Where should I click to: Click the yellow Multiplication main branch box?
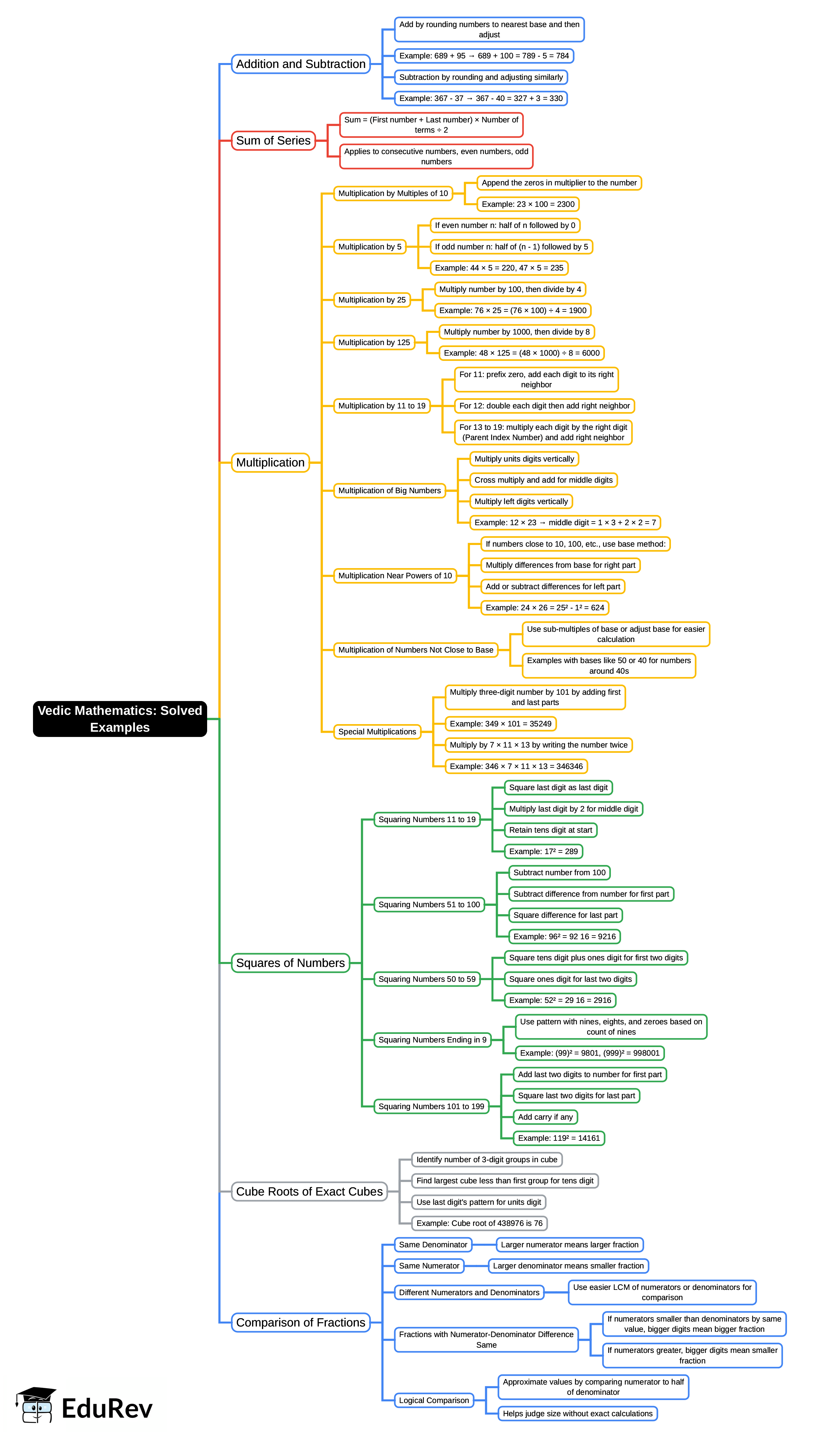[x=270, y=463]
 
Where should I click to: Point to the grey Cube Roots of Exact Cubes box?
[x=309, y=1191]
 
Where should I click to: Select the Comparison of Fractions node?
[x=301, y=1322]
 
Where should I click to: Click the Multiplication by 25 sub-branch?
[x=372, y=300]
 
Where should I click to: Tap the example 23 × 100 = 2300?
[x=528, y=204]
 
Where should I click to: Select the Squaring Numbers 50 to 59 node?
[x=427, y=979]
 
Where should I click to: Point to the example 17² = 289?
[x=543, y=851]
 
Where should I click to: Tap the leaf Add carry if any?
[x=545, y=1117]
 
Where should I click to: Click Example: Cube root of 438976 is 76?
[x=479, y=1223]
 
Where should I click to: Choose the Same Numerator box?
[x=429, y=1266]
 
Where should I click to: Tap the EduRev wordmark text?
[x=107, y=1409]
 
